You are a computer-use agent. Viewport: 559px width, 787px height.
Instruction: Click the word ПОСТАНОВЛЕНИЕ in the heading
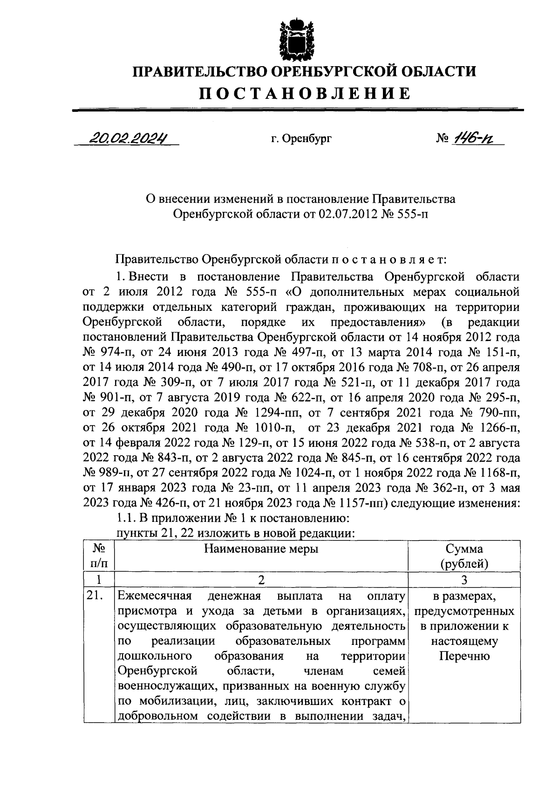(x=305, y=93)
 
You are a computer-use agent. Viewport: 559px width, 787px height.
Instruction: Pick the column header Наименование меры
(x=261, y=549)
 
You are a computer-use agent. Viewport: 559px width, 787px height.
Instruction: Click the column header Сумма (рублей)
(x=464, y=556)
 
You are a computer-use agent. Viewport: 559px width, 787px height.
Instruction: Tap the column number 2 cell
(x=261, y=580)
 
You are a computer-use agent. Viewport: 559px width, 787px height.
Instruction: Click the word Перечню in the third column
(x=464, y=657)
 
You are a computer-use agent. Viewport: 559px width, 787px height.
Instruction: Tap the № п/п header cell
(x=98, y=556)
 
